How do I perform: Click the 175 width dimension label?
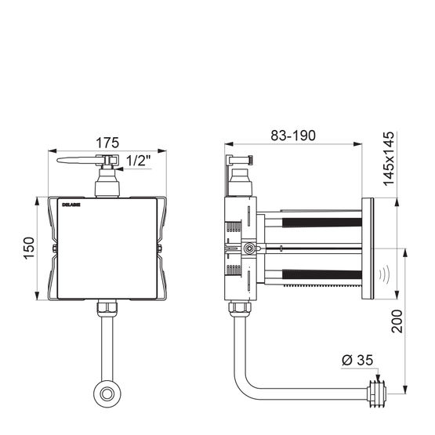click(x=107, y=143)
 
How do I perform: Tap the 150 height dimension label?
click(x=29, y=248)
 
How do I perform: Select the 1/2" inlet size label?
click(x=139, y=161)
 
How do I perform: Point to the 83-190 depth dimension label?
click(x=293, y=136)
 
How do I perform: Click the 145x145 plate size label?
click(x=389, y=158)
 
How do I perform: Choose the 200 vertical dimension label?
click(x=397, y=321)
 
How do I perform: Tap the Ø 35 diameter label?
click(x=357, y=360)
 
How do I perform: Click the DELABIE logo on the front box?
click(x=71, y=205)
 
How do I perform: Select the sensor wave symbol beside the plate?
click(x=384, y=275)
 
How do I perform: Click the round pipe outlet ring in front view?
click(x=107, y=394)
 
